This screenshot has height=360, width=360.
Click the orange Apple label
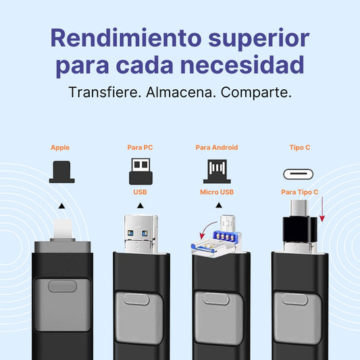tap(60, 148)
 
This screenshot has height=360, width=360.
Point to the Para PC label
tap(140, 147)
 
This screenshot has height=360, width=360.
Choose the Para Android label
tap(217, 147)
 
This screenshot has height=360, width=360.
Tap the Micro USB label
tap(217, 192)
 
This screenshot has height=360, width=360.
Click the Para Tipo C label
tap(300, 192)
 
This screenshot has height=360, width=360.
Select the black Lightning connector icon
tap(61, 172)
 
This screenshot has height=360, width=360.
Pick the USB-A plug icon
tap(140, 172)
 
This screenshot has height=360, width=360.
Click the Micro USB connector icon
tap(217, 172)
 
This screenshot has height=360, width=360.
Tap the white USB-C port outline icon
tap(299, 174)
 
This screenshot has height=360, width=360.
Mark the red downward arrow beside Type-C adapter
tap(322, 209)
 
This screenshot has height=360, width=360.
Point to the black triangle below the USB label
tap(140, 205)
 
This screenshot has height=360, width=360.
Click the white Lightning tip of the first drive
tap(63, 229)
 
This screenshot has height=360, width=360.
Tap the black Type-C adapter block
tap(300, 230)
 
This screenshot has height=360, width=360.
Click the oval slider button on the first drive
tap(62, 286)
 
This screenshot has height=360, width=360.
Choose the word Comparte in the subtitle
tap(256, 93)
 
